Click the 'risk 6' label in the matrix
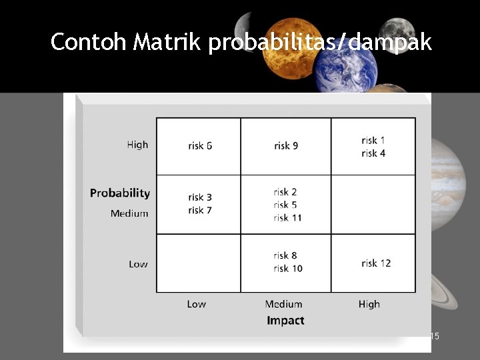200,145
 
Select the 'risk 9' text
286,145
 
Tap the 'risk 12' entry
376,263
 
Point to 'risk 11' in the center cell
287,218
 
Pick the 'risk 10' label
287,269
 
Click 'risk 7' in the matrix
200,211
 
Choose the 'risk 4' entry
373,153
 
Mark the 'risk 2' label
285,192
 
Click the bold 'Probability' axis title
120,193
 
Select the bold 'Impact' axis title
285,321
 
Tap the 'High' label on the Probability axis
137,145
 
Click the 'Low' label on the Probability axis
138,264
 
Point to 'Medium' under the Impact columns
283,304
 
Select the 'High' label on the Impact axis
369,304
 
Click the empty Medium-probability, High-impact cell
373,205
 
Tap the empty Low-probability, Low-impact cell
198,263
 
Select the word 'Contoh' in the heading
89,43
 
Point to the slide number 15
434,337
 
